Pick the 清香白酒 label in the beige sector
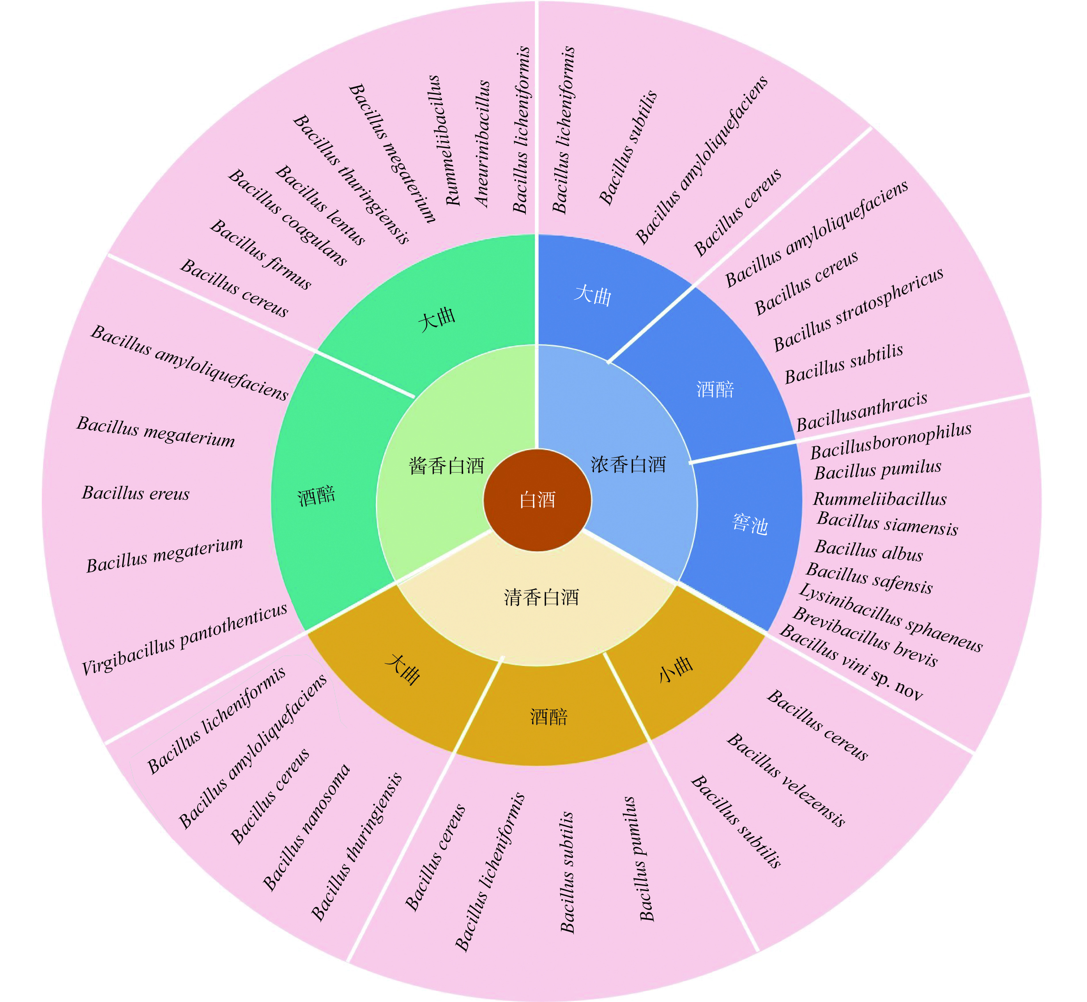click(x=541, y=597)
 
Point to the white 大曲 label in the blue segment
click(x=593, y=296)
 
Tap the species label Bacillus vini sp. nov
click(x=851, y=662)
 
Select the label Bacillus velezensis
click(x=786, y=780)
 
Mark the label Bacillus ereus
click(x=135, y=493)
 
